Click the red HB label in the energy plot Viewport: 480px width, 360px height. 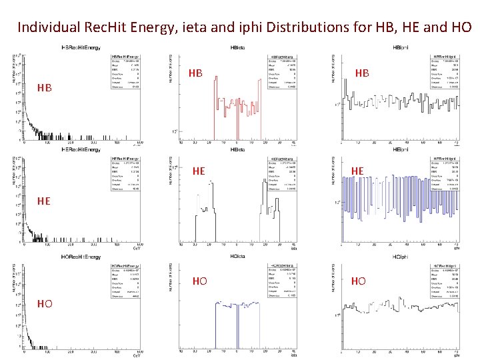point(45,88)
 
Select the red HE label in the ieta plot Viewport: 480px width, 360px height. point(198,171)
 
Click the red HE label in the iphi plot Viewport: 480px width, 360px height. point(357,171)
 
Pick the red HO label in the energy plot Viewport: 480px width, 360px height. point(45,303)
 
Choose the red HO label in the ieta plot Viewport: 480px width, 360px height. point(199,281)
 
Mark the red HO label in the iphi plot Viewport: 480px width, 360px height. point(359,281)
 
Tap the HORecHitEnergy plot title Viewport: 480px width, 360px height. point(81,257)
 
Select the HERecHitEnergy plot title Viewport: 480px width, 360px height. point(81,150)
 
